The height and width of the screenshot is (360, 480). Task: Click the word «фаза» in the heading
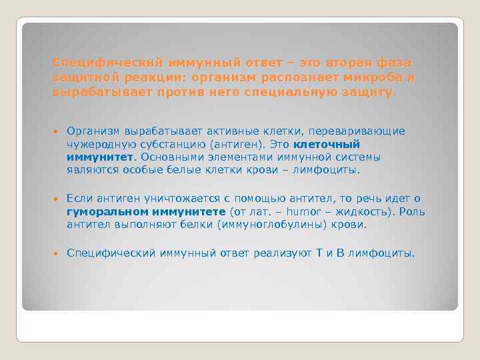coord(395,62)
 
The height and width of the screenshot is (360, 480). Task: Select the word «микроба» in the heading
coord(377,77)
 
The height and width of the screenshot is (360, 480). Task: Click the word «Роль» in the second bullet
coord(413,212)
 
